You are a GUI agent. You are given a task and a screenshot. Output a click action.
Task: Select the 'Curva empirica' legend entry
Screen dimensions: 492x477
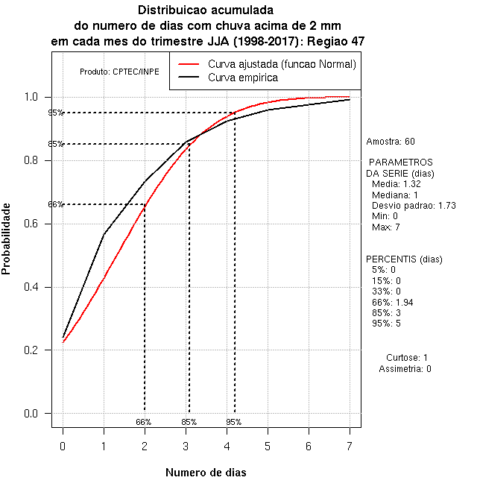tap(243, 78)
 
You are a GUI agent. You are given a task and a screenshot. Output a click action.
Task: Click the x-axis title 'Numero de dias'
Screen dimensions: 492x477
tap(205, 473)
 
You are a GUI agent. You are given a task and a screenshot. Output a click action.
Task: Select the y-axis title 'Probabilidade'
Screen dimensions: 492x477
tap(7, 238)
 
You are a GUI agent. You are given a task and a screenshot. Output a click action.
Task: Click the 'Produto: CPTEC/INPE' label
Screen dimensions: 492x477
tap(119, 72)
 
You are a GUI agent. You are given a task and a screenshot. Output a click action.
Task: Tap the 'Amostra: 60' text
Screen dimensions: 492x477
tap(391, 141)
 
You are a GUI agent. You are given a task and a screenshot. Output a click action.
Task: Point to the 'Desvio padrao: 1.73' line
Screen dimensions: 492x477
tap(414, 205)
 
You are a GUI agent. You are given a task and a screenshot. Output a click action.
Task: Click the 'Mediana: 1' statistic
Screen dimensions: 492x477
tap(395, 195)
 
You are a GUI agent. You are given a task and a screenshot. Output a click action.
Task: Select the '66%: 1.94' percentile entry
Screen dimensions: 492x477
tap(392, 302)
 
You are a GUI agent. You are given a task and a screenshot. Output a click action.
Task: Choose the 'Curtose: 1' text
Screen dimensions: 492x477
tap(407, 358)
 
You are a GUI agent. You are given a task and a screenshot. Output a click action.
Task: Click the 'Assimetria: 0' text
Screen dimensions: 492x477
tap(405, 368)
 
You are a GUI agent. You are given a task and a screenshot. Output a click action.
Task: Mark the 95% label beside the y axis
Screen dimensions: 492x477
tap(56, 113)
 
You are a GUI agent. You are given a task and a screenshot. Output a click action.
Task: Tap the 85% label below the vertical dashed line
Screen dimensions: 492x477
tap(189, 422)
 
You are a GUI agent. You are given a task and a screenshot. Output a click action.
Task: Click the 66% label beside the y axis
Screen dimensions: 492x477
tap(56, 204)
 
